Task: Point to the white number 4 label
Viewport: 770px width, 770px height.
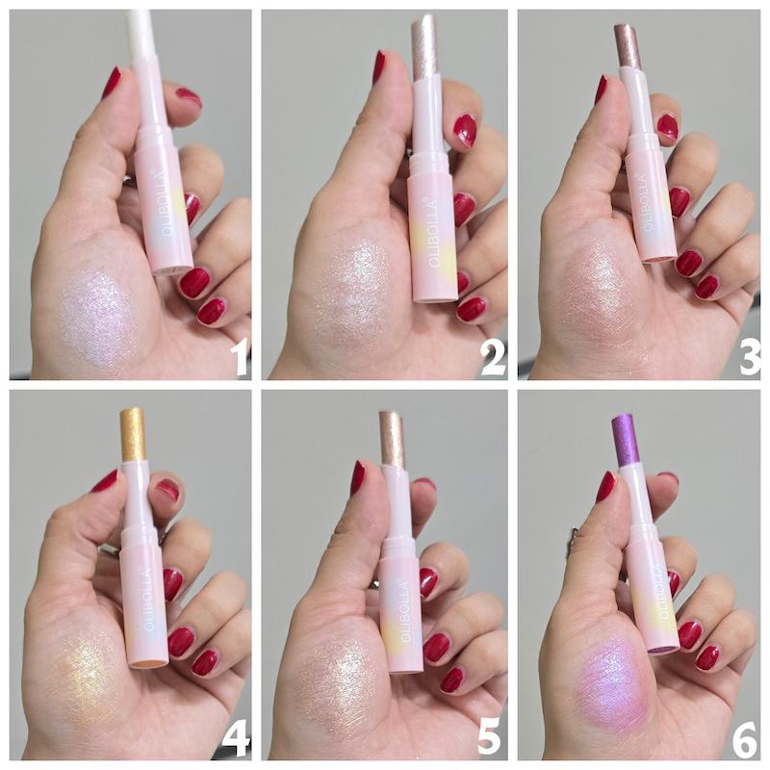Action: click(236, 740)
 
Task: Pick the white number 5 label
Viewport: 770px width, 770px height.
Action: click(489, 740)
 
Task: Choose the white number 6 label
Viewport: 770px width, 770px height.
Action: click(745, 740)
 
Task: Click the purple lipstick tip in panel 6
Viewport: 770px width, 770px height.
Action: click(626, 441)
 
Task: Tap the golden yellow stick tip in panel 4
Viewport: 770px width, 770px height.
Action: click(133, 434)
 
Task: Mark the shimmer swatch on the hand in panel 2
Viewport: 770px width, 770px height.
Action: click(349, 290)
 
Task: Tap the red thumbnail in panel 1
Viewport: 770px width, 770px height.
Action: click(112, 82)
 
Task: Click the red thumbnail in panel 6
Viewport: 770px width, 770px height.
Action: click(606, 486)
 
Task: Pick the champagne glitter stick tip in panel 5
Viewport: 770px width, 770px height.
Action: click(392, 438)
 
